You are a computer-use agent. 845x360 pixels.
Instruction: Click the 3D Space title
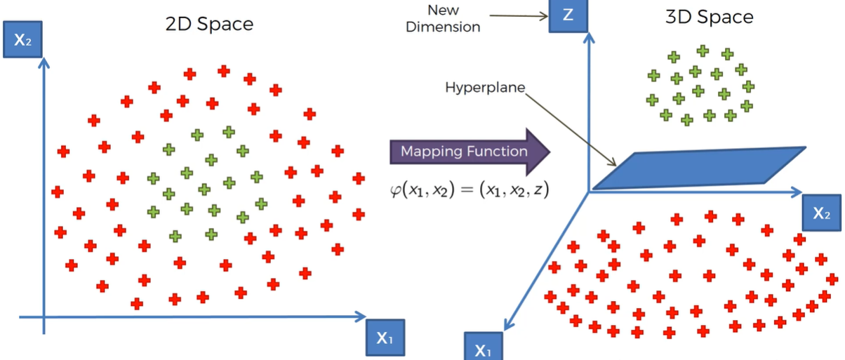pyautogui.click(x=710, y=17)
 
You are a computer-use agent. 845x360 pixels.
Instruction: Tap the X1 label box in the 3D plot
pyautogui.click(x=484, y=347)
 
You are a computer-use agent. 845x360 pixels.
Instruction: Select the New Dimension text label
pyautogui.click(x=443, y=18)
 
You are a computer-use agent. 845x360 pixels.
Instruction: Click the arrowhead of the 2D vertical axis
pyautogui.click(x=44, y=63)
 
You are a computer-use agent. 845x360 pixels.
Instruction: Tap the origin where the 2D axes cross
pyautogui.click(x=44, y=317)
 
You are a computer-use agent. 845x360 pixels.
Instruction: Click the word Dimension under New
pyautogui.click(x=443, y=27)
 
